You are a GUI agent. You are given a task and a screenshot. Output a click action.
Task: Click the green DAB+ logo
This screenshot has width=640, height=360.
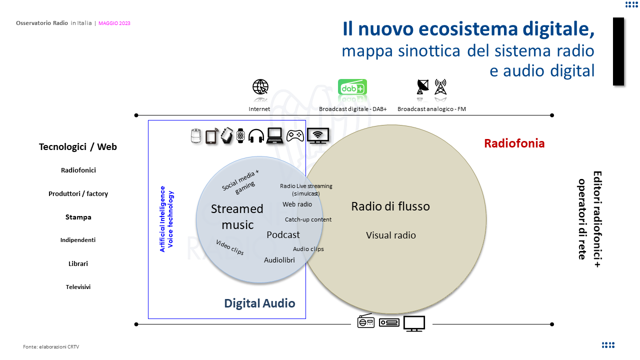click(x=352, y=87)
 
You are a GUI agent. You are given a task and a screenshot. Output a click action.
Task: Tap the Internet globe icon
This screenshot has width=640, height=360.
click(x=260, y=87)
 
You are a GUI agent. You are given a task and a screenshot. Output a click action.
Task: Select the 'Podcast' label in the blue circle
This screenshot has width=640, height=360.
click(x=283, y=235)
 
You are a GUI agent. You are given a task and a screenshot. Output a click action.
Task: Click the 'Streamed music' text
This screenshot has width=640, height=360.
click(x=237, y=216)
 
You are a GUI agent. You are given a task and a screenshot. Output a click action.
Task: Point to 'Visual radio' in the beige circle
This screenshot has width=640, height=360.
click(x=390, y=235)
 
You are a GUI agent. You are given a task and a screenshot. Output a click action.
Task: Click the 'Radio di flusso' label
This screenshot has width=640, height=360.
click(x=390, y=206)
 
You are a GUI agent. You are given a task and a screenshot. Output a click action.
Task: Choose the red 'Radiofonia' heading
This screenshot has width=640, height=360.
click(x=514, y=144)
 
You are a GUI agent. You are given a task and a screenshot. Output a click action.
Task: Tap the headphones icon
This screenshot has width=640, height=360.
click(x=256, y=136)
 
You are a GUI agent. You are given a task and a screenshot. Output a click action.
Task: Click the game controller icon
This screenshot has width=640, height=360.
click(x=295, y=135)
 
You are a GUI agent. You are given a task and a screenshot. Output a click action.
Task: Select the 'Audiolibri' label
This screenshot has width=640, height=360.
click(x=279, y=260)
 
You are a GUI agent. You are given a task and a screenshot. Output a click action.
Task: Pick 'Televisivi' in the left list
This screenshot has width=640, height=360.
click(x=78, y=287)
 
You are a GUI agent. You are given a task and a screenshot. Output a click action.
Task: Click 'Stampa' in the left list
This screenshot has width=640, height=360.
click(x=78, y=217)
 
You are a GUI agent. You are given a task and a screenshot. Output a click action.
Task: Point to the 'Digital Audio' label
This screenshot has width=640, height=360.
click(x=259, y=303)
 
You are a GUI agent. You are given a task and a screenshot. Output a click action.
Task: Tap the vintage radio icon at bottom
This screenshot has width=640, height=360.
click(x=365, y=322)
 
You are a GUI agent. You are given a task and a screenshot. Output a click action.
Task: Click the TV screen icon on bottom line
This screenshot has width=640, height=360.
click(x=414, y=323)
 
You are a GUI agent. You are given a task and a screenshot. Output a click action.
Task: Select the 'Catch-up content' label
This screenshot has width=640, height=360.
click(x=308, y=219)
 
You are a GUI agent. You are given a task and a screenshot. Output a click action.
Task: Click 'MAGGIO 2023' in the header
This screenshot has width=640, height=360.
click(x=114, y=23)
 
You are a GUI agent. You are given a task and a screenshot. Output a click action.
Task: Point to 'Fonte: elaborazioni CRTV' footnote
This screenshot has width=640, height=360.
click(x=51, y=346)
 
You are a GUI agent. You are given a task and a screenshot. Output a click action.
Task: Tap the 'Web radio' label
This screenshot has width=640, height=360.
click(x=297, y=204)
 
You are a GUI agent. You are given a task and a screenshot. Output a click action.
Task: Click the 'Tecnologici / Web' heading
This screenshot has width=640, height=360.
click(x=78, y=147)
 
